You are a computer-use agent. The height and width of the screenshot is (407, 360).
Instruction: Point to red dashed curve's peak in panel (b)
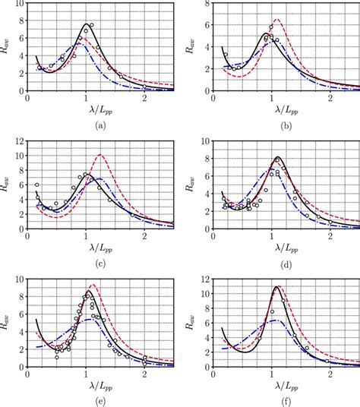tap(276, 20)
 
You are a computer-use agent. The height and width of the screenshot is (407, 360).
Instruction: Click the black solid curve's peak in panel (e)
tap(89, 291)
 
